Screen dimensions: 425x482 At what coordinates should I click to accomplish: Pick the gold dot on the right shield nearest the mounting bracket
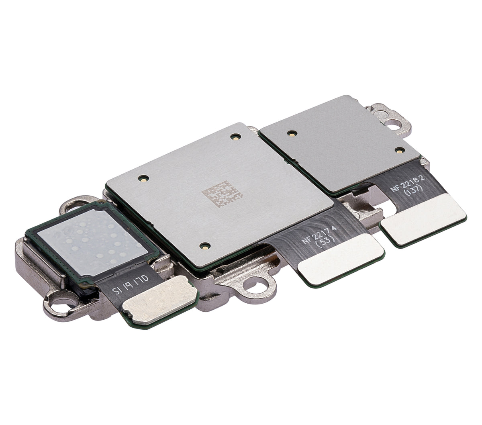[399, 150]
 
